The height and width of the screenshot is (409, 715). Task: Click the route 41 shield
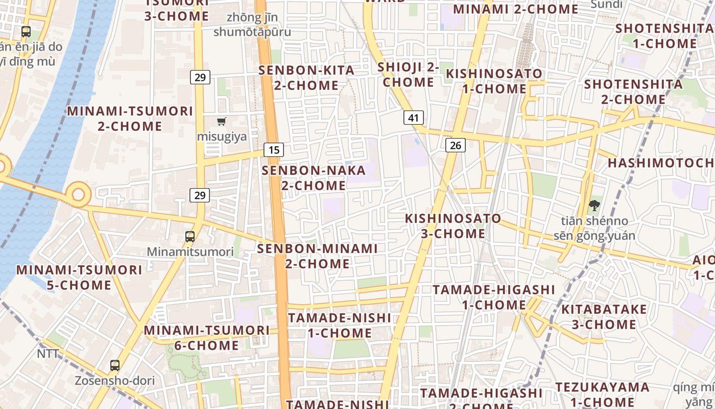point(414,118)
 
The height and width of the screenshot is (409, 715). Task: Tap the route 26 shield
point(455,145)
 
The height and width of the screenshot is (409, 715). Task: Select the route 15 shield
point(274,150)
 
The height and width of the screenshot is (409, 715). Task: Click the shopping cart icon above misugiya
point(222,122)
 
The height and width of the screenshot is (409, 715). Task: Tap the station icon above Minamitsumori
point(190,237)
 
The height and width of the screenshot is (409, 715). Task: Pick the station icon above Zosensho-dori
point(115,366)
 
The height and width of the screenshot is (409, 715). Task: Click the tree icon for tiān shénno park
point(594,206)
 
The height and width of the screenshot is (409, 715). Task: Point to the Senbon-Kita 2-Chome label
point(306,78)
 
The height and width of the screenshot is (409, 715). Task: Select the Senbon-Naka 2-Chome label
point(314,177)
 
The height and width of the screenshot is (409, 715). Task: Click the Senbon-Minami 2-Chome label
point(317,256)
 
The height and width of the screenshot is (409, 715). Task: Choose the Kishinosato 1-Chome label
point(494,81)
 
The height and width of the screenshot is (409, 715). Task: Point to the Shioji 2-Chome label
point(409,75)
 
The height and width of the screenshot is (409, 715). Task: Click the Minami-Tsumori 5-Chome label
point(79,277)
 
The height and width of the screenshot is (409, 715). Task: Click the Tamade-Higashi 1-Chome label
point(493,297)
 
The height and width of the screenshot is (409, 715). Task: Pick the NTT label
point(47,354)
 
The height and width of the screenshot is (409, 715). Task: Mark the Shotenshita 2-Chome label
point(633,92)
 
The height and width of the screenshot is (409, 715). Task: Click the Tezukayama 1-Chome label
point(603,395)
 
